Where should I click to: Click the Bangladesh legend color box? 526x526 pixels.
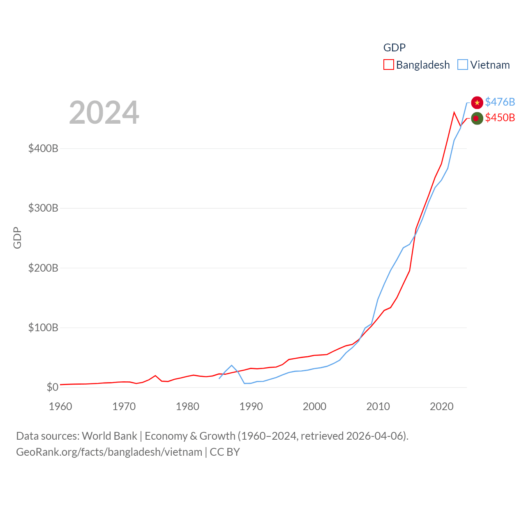point(388,65)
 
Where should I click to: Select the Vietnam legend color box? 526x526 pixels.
point(462,65)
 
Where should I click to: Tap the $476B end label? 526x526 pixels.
point(500,102)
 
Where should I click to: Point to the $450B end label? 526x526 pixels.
point(500,118)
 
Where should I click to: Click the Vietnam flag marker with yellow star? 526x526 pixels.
point(477,102)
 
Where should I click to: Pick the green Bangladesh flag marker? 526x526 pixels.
point(477,118)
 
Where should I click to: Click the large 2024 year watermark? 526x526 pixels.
point(104,113)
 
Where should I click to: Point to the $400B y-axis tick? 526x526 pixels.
point(43,148)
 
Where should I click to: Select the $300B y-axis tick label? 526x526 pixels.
point(43,208)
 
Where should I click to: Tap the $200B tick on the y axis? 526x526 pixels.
point(43,268)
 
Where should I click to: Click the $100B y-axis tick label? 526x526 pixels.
point(43,328)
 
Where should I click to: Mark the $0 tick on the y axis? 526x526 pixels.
point(52,387)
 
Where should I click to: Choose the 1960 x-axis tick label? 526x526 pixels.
point(60,406)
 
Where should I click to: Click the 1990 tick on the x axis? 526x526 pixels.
point(251,406)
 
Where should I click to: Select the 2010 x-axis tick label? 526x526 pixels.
point(378,406)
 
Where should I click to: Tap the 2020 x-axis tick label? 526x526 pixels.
point(442,406)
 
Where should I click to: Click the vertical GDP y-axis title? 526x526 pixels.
point(17,238)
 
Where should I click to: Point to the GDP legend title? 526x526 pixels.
point(394,48)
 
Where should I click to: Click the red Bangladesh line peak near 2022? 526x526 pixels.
point(454,112)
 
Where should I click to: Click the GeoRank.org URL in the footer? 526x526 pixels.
point(109,452)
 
